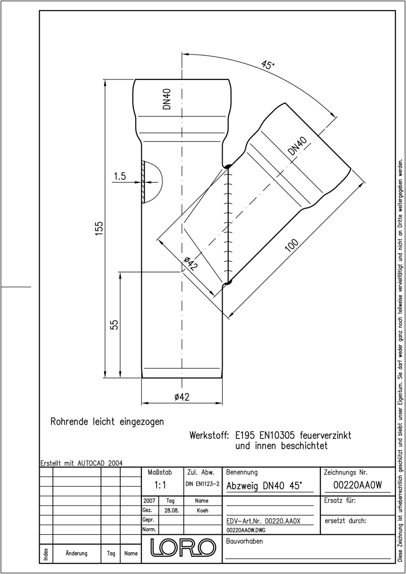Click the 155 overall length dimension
point(99,228)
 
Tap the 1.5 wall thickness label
point(120,177)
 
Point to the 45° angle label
point(267,65)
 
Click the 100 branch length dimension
point(291,245)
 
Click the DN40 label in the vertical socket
point(167,99)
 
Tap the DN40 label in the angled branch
point(297,146)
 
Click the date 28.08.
point(171,510)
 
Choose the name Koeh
point(203,510)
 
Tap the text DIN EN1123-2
point(203,484)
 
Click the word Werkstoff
point(209,435)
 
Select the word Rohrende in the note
point(69,421)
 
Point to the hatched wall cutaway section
point(143,182)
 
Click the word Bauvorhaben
point(244,541)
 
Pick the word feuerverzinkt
point(325,435)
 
